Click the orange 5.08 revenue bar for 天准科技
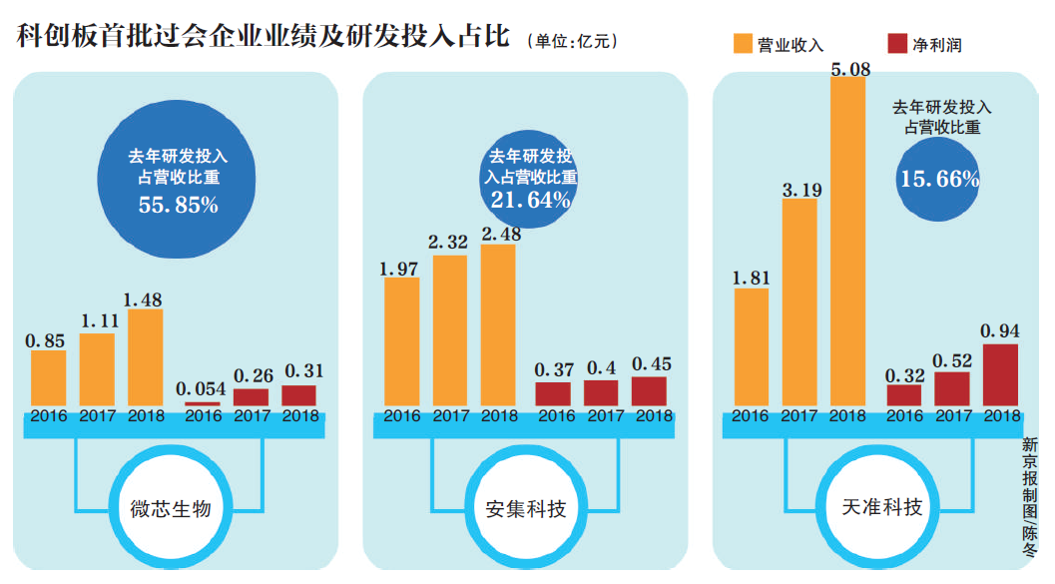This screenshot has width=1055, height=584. point(847,240)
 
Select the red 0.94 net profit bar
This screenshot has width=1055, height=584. point(999,374)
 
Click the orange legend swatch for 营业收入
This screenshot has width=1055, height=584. point(744,44)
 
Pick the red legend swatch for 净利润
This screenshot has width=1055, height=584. point(896,44)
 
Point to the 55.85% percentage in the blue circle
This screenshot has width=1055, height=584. point(178,206)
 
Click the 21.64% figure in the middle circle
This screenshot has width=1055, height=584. point(530,201)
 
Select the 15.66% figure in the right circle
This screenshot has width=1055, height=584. point(938,180)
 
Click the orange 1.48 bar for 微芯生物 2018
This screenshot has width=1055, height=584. point(146,356)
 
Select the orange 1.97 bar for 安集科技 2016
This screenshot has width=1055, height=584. point(402,340)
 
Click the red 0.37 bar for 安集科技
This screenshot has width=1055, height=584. point(553,393)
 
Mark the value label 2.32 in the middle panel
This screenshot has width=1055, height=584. point(448,243)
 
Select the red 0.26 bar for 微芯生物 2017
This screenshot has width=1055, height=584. point(251,396)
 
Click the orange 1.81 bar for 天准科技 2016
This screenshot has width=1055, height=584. point(752,346)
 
